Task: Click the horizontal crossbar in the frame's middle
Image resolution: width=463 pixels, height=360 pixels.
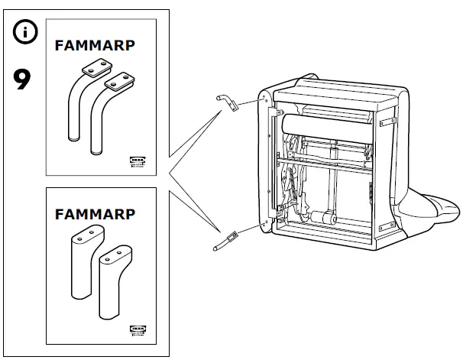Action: coord(329,163)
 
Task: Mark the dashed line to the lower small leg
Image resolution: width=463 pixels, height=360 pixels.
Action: coord(248,228)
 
